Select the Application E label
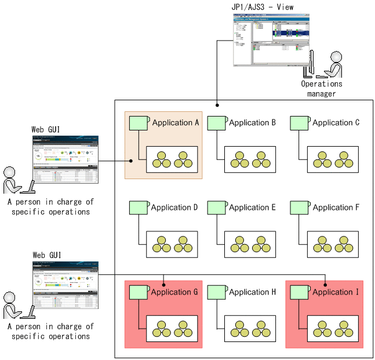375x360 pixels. point(252,208)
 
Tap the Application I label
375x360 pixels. point(336,292)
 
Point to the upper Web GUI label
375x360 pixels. point(46,129)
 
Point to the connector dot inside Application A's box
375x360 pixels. point(132,161)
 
